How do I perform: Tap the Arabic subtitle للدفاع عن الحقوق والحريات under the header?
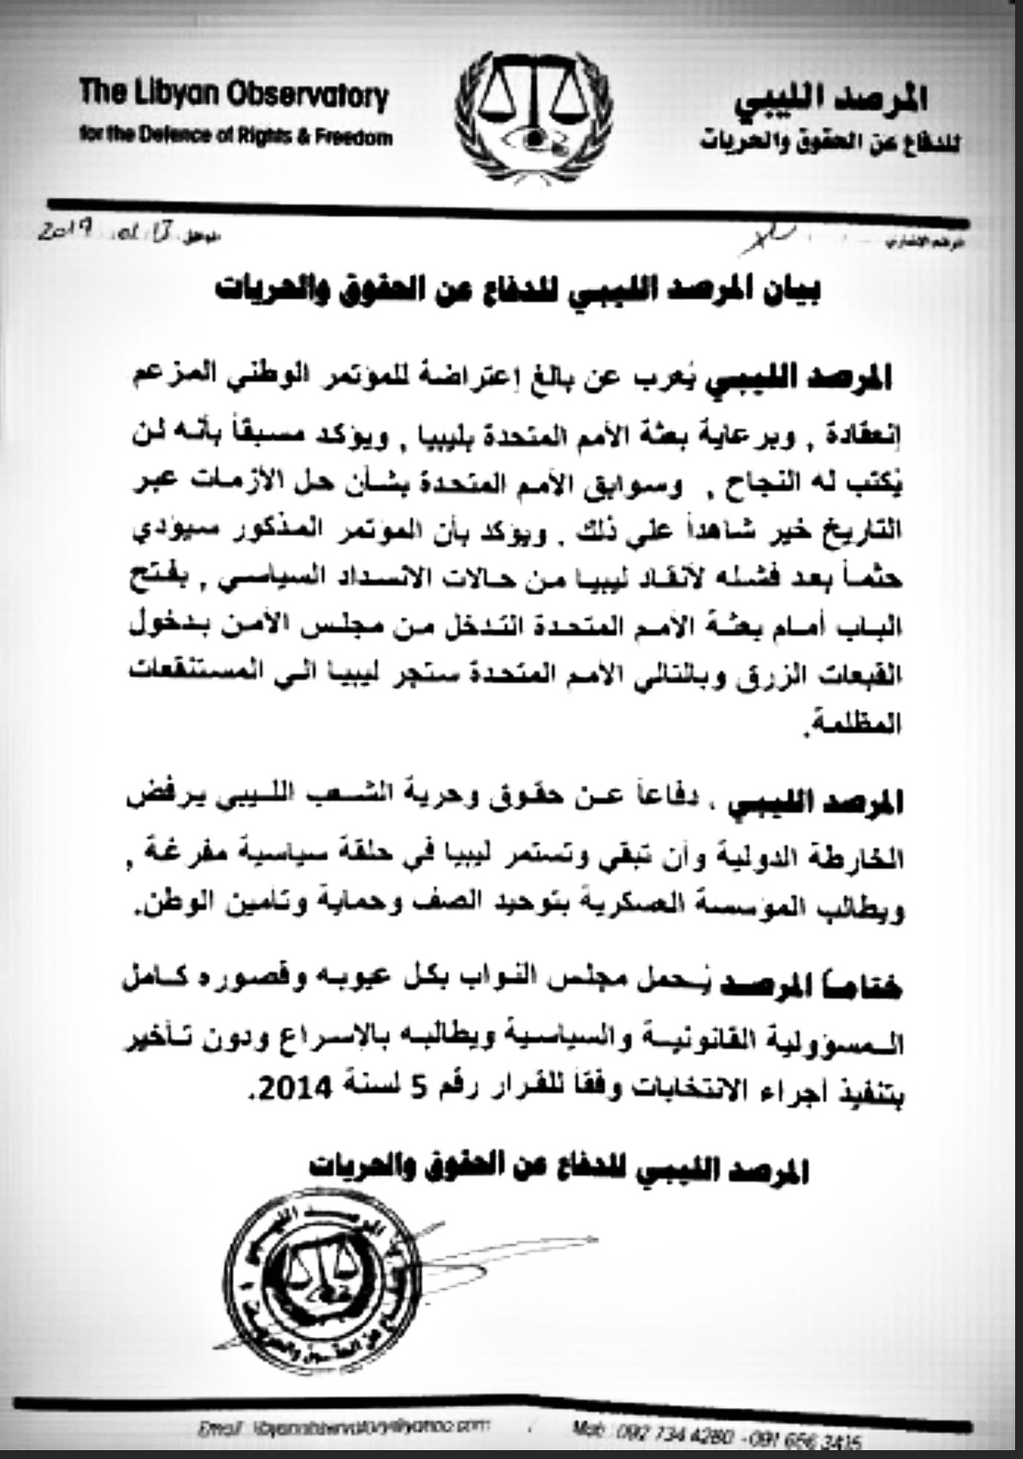(x=831, y=143)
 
